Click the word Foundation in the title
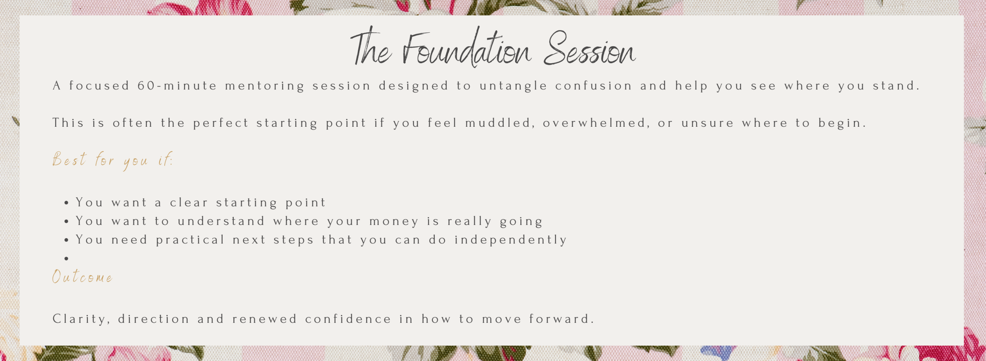click(x=467, y=48)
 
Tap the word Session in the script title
click(x=590, y=49)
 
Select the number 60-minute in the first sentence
click(x=177, y=86)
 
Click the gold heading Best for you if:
click(x=112, y=160)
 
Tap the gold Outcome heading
click(x=82, y=277)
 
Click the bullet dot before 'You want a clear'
click(x=67, y=203)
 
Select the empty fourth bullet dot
click(x=67, y=259)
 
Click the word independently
click(x=510, y=240)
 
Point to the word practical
click(x=190, y=240)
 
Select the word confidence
click(x=348, y=319)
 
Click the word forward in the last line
click(x=562, y=319)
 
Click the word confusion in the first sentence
click(x=594, y=86)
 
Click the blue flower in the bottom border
click(x=718, y=353)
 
